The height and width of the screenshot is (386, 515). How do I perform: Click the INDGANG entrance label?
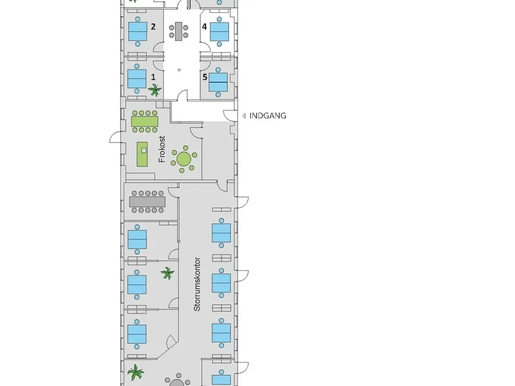[x=268, y=116]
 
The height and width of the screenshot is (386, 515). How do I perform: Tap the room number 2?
[x=153, y=27]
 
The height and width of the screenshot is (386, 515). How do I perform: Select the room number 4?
[x=204, y=27]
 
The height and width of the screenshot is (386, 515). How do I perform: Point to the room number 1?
[x=153, y=77]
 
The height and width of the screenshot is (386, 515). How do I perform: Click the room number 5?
[x=205, y=77]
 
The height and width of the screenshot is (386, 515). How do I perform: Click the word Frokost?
[x=162, y=149]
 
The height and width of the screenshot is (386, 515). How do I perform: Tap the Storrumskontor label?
[x=197, y=284]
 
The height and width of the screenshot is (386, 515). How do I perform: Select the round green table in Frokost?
[x=184, y=159]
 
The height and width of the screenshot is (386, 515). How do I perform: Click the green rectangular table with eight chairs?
[x=144, y=121]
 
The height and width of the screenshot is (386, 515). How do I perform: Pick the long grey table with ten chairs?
[x=147, y=202]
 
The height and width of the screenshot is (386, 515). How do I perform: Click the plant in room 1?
[x=154, y=90]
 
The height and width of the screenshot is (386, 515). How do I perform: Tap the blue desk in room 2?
[x=138, y=31]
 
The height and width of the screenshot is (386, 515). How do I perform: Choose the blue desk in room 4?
[x=219, y=31]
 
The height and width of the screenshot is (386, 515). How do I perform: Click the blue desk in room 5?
[x=218, y=82]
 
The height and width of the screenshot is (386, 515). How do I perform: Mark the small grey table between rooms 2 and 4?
[x=179, y=31]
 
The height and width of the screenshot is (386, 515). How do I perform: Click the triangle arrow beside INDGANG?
[x=244, y=116]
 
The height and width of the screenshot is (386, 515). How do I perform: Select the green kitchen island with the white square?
[x=142, y=154]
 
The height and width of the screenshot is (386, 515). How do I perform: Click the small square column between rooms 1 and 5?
[x=179, y=70]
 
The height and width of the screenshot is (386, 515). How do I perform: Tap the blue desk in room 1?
[x=137, y=79]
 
